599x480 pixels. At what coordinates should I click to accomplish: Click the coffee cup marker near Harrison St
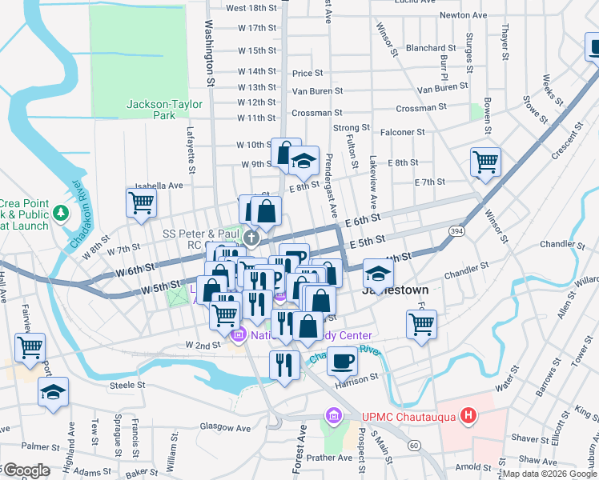pyautogui.click(x=342, y=360)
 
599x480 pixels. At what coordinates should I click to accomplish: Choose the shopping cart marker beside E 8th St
pyautogui.click(x=485, y=162)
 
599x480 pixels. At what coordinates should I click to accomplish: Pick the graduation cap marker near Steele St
pyautogui.click(x=53, y=392)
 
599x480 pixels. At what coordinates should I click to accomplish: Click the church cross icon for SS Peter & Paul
pyautogui.click(x=251, y=237)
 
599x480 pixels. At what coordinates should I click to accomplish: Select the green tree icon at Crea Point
pyautogui.click(x=61, y=214)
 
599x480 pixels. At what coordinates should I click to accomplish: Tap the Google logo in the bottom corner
pyautogui.click(x=26, y=470)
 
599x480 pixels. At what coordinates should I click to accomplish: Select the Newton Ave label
pyautogui.click(x=463, y=14)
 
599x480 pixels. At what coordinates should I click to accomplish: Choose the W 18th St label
pyautogui.click(x=251, y=8)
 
